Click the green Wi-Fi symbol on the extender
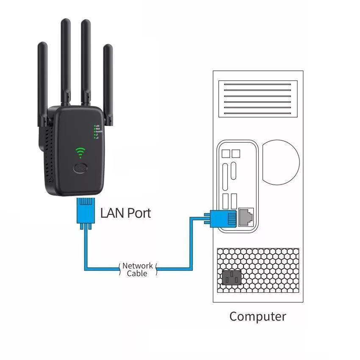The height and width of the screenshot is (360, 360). (80, 152)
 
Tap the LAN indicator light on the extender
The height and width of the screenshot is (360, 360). (94, 126)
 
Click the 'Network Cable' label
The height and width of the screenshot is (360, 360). (137, 270)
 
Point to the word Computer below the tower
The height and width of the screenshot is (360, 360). (258, 316)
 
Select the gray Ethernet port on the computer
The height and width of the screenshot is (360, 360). (246, 216)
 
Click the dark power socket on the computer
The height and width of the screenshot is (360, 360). (231, 278)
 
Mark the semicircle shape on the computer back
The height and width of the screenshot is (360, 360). (280, 161)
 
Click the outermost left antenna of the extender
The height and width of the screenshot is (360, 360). (42, 80)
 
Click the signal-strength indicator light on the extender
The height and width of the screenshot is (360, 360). (94, 138)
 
